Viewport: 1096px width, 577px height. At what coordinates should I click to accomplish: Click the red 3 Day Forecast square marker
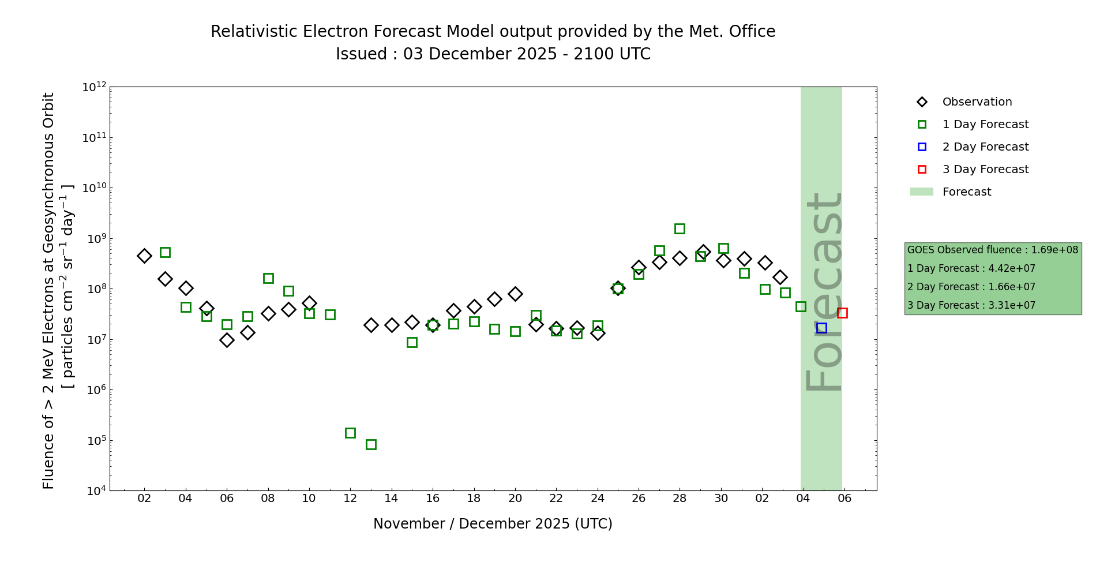pyautogui.click(x=842, y=313)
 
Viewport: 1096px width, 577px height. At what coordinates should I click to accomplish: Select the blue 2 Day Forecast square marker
pyautogui.click(x=821, y=328)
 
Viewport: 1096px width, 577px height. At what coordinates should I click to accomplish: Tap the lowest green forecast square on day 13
pyautogui.click(x=371, y=444)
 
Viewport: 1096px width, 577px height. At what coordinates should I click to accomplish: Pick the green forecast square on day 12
pyautogui.click(x=350, y=433)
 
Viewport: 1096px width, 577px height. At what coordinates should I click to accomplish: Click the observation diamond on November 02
pyautogui.click(x=144, y=256)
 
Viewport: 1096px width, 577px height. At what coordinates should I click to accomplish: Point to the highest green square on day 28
pyautogui.click(x=680, y=228)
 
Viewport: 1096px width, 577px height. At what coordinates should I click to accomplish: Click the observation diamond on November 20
pyautogui.click(x=515, y=294)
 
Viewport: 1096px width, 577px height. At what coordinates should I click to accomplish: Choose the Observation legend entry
pyautogui.click(x=977, y=102)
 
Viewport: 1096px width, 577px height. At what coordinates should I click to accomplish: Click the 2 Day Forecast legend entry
pyautogui.click(x=985, y=147)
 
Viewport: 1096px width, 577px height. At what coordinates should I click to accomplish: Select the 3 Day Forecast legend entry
pyautogui.click(x=985, y=170)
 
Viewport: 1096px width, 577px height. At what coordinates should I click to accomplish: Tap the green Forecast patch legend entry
pyautogui.click(x=966, y=192)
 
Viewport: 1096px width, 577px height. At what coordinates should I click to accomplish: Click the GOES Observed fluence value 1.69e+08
pyautogui.click(x=1054, y=250)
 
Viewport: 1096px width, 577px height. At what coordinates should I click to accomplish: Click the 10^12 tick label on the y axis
pyautogui.click(x=94, y=87)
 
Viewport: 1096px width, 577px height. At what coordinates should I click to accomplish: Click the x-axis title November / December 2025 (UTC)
pyautogui.click(x=493, y=524)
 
